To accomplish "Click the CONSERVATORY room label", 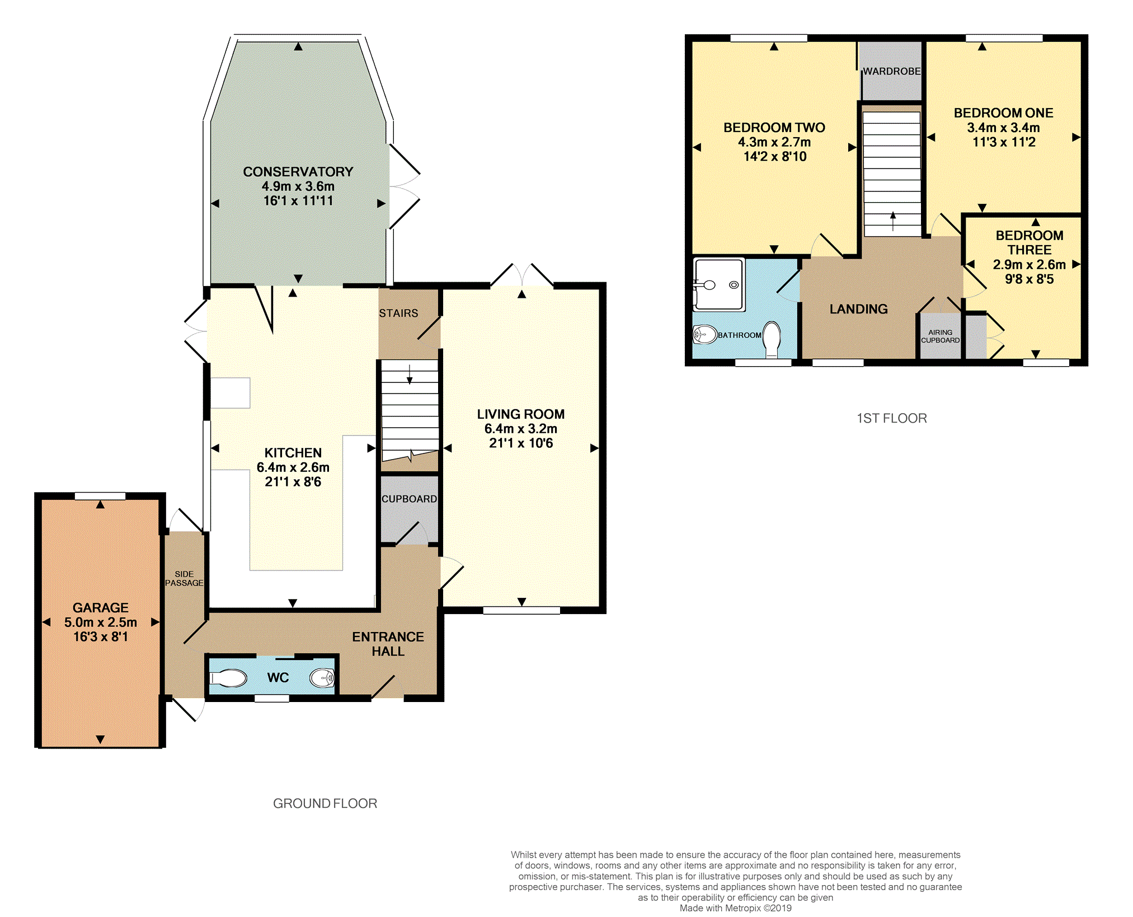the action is tap(298, 172).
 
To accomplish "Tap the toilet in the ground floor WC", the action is tap(228, 679).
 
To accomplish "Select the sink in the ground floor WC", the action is tap(322, 678).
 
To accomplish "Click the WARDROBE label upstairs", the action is tap(891, 72).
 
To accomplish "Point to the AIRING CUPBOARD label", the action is tap(940, 336).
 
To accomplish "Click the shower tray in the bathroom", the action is tap(719, 284).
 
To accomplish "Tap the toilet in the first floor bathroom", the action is tap(772, 339).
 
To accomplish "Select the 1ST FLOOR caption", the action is tap(892, 418).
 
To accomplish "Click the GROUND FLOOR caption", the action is tap(325, 803).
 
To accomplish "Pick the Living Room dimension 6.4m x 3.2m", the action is tap(521, 429).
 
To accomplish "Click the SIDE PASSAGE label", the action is tap(184, 578).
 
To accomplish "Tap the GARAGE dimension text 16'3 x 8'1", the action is tap(101, 637).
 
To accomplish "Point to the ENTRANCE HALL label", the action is tap(388, 644).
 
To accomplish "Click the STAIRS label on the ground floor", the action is tap(398, 314).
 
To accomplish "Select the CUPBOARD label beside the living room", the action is tap(409, 499).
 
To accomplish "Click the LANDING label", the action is tap(858, 309).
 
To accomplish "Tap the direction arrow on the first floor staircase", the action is tap(893, 221).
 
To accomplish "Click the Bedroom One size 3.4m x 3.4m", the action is tap(1003, 128).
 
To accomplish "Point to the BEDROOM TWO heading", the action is tap(774, 128).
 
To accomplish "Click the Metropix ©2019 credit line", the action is tap(736, 908).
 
